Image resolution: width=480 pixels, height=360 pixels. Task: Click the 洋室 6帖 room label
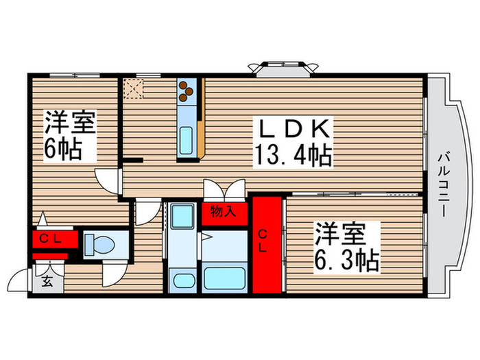pos(70,134)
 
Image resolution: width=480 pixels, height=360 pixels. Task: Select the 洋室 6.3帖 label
pos(347,248)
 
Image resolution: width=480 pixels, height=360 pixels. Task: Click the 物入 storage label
pos(224,212)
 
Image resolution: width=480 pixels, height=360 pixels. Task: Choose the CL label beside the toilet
pos(47,239)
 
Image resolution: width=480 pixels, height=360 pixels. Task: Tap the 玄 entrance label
pos(48,280)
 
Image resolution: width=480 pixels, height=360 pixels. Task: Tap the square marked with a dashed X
pos(132,88)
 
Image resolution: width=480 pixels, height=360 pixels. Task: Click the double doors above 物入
pos(224,189)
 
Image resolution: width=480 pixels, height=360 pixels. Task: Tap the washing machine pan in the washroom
pos(181,219)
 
